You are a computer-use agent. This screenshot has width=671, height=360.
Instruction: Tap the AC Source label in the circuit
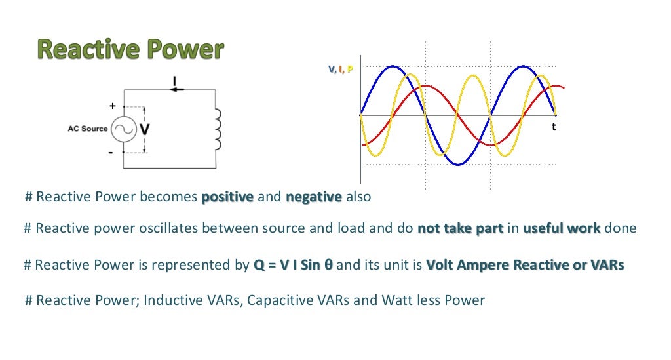87,129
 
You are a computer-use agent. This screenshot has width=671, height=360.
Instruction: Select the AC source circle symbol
123,129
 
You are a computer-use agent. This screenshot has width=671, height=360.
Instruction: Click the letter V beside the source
145,129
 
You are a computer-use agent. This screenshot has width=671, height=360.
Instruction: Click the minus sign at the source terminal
111,152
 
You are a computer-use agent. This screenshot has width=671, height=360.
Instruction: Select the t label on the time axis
554,127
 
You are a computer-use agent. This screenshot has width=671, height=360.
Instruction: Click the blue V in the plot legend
332,69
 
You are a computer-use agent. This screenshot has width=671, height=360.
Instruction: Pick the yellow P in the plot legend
350,69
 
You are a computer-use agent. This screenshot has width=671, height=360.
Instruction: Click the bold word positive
227,197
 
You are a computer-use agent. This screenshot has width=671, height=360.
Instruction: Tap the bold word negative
313,197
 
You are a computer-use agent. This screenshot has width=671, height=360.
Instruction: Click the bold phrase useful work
562,229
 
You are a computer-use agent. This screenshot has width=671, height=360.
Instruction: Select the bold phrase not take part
461,229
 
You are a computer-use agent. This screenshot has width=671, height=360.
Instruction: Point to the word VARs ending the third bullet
607,265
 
